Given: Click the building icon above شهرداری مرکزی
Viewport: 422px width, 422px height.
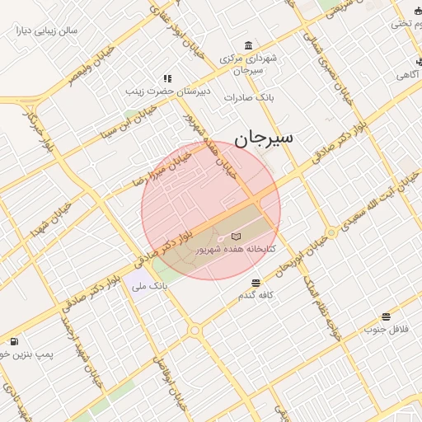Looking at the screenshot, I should coord(249,45).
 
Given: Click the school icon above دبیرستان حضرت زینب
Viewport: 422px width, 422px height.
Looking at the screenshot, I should coord(167,78).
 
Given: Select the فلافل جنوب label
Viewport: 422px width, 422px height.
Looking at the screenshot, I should coord(386,330).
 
